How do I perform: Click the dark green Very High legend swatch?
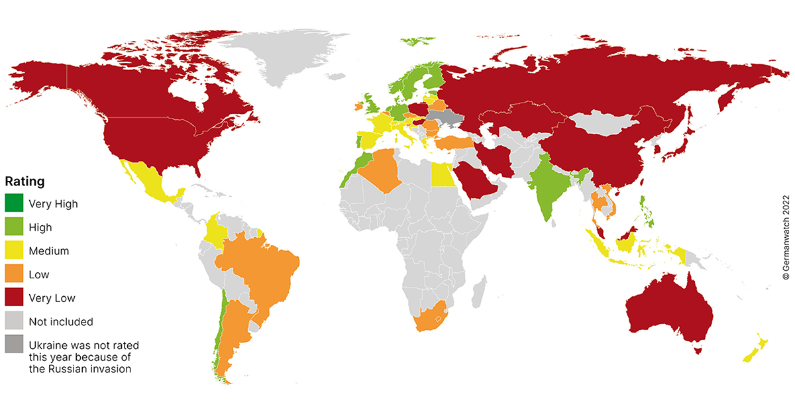point(13,203)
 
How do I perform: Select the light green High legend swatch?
point(13,227)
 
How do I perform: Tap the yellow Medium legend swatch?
point(13,250)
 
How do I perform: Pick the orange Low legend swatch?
point(13,274)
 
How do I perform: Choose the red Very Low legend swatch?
point(13,298)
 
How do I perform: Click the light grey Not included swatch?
point(13,322)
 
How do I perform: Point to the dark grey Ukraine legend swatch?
point(13,346)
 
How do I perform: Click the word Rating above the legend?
point(25,181)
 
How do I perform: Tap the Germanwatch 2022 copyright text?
point(786,235)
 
